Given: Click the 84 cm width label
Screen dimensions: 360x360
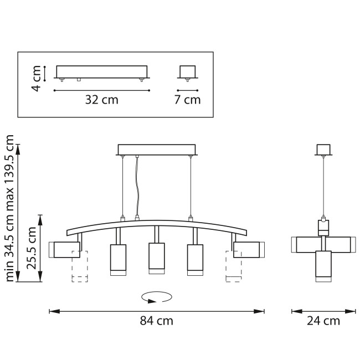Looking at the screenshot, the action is (156, 321).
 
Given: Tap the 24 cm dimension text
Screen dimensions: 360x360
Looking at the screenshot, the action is (323, 321).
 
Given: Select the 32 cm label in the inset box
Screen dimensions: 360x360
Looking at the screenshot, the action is (102, 100).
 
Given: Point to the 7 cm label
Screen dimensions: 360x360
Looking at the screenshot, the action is (187, 100).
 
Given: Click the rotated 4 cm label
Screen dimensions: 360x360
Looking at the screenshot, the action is (36, 79).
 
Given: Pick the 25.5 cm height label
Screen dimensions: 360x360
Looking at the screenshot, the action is (32, 248).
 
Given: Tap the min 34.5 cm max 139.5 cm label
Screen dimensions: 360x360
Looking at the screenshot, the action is (9, 208).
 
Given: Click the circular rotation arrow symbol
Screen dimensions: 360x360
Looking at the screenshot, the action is (157, 297).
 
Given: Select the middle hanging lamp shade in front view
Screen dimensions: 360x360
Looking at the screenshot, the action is (157, 259).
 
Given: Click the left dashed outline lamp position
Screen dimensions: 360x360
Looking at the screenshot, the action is (80, 266).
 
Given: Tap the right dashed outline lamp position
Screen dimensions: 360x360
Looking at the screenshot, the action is (234, 266).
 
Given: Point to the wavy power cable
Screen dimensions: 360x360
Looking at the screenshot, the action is (137, 186).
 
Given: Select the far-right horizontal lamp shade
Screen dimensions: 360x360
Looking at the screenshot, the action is (249, 250).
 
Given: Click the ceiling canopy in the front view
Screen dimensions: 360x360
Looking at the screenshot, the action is (157, 150).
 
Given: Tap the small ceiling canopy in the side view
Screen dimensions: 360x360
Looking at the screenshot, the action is (323, 150).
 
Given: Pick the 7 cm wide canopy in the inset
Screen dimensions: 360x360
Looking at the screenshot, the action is (188, 72).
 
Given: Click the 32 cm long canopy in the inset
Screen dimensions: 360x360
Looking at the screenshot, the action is (102, 72).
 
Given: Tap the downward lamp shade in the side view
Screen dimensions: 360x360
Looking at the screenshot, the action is (323, 266).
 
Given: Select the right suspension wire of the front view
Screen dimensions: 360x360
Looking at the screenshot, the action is (191, 187).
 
